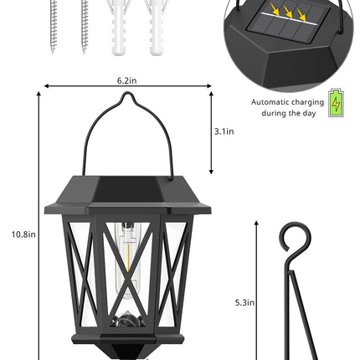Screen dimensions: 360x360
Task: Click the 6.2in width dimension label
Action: point(126,80)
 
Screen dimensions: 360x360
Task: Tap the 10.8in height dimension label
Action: point(23,234)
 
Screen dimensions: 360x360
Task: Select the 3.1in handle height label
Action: point(224,131)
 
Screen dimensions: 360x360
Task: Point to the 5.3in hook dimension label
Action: point(244,302)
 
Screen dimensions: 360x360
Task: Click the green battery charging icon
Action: point(336,102)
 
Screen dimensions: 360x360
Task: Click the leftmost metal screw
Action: point(54,27)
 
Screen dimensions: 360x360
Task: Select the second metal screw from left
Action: point(85,27)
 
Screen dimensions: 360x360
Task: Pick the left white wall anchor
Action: point(118,28)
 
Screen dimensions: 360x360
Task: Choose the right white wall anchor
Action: point(156,28)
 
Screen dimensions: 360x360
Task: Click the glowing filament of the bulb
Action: point(127,257)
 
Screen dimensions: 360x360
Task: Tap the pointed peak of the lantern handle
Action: point(128,93)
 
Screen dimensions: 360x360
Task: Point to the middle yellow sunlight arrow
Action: point(288,12)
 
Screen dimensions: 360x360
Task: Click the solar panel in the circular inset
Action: point(289,23)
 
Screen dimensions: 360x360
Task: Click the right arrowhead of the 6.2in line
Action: point(209,86)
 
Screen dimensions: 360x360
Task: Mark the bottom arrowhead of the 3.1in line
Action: point(211,172)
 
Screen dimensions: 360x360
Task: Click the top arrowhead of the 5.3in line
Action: point(256,223)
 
